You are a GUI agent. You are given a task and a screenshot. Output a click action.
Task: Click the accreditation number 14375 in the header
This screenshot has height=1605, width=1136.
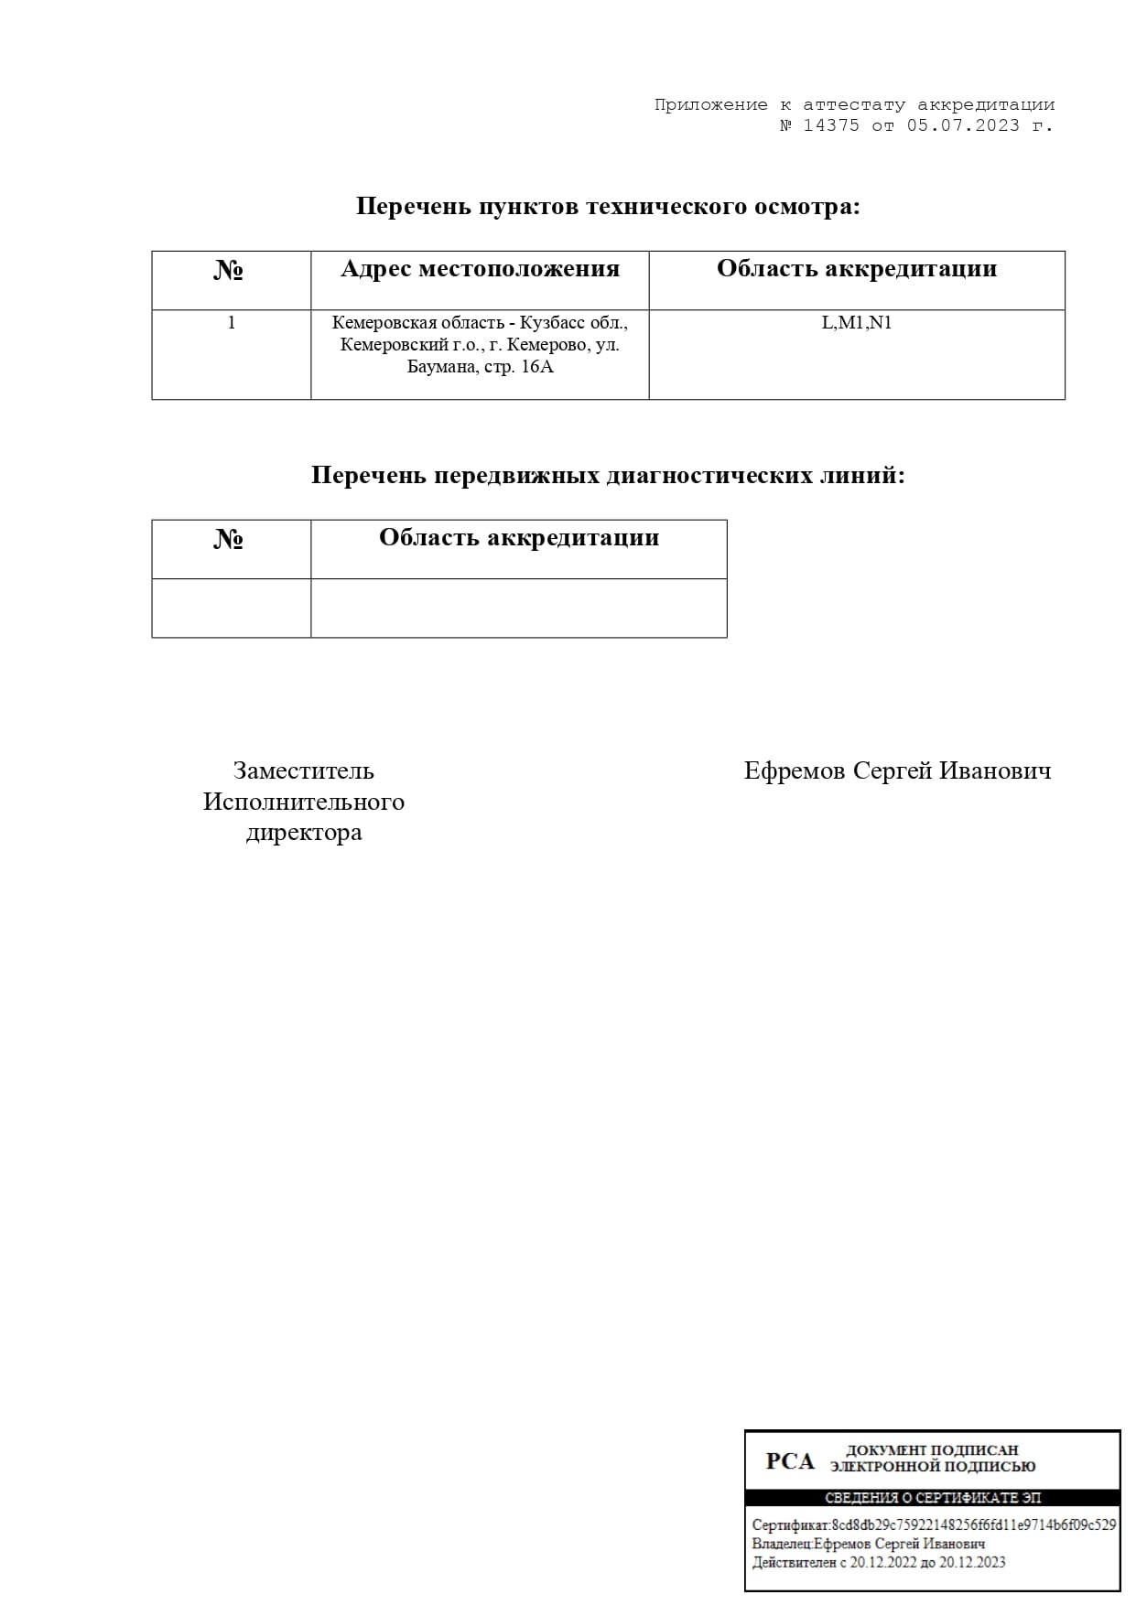(x=831, y=126)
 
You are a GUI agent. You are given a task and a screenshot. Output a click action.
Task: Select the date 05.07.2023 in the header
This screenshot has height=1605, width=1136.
(x=963, y=126)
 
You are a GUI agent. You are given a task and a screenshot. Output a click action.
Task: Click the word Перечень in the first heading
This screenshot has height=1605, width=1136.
(x=413, y=207)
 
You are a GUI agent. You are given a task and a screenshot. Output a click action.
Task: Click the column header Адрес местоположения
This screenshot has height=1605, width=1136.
(x=480, y=269)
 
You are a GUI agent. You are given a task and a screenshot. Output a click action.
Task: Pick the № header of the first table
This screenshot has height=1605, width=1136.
(x=229, y=271)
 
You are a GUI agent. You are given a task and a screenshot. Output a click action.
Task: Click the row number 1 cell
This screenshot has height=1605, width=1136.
(x=232, y=322)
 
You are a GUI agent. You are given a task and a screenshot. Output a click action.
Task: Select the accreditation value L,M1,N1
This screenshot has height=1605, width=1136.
(x=856, y=323)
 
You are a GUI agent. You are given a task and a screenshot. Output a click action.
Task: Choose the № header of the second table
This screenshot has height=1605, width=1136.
(x=229, y=540)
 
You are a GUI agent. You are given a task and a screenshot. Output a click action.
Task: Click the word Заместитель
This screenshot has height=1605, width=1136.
(x=303, y=770)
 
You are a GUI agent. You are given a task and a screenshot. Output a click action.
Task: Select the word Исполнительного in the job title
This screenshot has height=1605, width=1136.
(x=303, y=802)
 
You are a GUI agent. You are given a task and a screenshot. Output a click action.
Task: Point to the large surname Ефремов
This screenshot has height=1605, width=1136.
(x=795, y=770)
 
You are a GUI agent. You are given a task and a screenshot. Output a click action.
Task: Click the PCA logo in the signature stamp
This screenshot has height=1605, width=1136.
(x=789, y=1461)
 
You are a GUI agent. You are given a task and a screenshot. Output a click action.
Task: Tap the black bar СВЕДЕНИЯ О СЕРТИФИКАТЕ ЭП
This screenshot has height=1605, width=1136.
(x=932, y=1498)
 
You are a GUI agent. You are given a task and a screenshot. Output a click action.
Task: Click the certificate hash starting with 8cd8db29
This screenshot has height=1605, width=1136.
(x=973, y=1525)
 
